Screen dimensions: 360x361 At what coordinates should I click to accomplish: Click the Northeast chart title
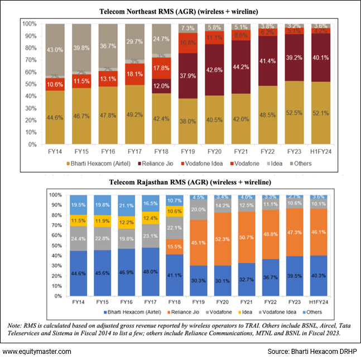coord(180,11)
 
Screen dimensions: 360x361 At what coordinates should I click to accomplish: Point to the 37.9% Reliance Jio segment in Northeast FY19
coord(187,76)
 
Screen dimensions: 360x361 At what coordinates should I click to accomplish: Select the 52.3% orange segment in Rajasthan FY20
coord(222,239)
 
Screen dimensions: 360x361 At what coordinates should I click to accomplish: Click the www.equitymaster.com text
coord(37,352)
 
